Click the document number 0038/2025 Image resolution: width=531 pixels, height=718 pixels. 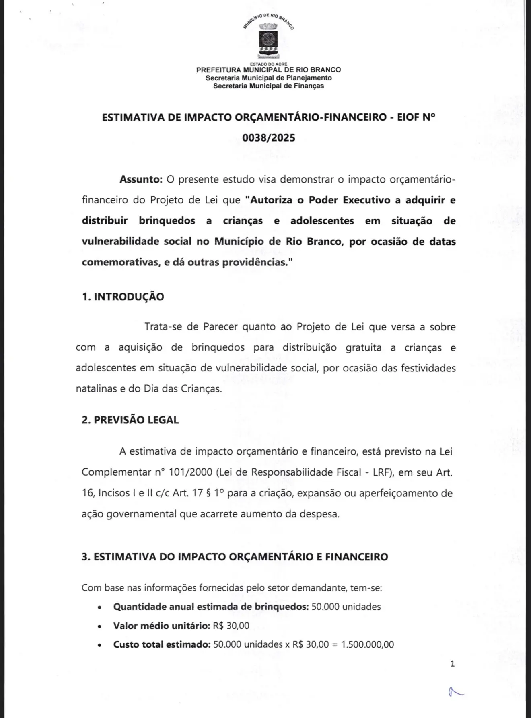click(x=268, y=138)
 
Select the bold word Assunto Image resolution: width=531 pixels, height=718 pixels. click(x=141, y=179)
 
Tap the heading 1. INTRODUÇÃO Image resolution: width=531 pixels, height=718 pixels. click(x=123, y=297)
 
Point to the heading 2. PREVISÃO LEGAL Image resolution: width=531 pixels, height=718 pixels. click(x=130, y=420)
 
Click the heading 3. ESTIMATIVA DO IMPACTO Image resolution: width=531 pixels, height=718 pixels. click(x=235, y=557)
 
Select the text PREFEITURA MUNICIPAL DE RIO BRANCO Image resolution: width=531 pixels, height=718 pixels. click(x=268, y=70)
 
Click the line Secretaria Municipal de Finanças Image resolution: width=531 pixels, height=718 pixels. click(x=268, y=86)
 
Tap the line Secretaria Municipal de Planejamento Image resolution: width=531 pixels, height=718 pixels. click(x=268, y=78)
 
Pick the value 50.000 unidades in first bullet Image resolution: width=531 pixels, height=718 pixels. click(x=346, y=607)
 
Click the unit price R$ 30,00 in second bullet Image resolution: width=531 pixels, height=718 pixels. click(x=231, y=626)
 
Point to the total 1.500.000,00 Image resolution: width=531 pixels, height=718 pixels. click(x=367, y=644)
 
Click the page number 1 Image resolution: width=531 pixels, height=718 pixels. click(x=452, y=664)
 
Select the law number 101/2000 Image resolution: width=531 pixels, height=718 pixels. click(x=190, y=472)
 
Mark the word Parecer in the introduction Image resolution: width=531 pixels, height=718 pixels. click(x=220, y=327)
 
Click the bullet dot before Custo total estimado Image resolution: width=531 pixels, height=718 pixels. click(x=99, y=645)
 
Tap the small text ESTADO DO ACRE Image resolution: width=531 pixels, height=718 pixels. click(x=268, y=64)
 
